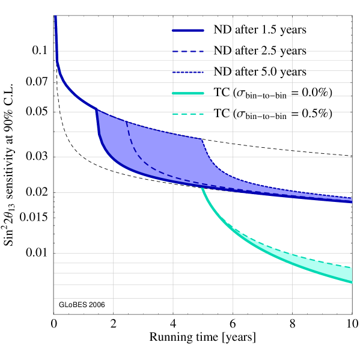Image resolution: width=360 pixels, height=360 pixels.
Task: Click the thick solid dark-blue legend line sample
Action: tap(188, 30)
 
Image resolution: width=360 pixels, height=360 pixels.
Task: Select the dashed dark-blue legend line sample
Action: tap(188, 51)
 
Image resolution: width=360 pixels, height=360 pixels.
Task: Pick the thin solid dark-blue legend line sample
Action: tap(188, 72)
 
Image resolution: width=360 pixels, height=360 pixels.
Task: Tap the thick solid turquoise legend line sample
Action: tap(188, 93)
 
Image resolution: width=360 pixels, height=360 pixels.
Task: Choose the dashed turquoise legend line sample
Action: tap(188, 114)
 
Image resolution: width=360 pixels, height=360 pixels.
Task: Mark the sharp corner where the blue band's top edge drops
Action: tap(202, 139)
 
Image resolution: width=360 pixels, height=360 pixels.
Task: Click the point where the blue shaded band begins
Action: tap(97, 110)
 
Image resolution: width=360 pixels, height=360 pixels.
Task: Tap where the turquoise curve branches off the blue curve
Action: tap(201, 188)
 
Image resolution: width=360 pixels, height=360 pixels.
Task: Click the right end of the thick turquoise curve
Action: tap(351, 282)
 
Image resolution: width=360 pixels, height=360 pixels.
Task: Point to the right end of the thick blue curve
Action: tap(351, 202)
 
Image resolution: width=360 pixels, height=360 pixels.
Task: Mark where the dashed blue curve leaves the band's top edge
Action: tap(126, 121)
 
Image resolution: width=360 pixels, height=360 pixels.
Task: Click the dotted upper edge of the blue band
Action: tap(228, 175)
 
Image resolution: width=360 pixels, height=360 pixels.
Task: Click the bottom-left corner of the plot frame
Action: tap(54, 313)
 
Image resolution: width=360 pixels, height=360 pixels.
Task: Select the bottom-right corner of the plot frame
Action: tap(352, 313)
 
